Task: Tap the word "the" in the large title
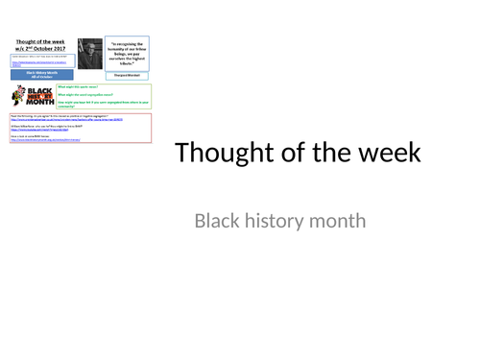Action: [x=324, y=154]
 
